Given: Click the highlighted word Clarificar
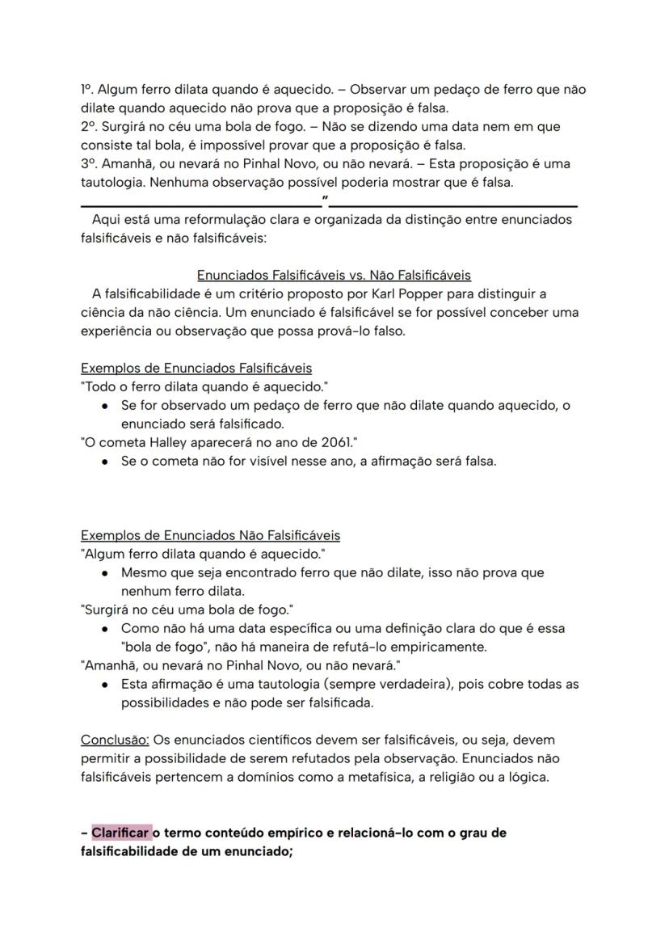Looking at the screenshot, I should (120, 833).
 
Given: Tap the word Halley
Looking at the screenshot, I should (166, 442).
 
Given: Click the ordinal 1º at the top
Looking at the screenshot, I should (86, 89).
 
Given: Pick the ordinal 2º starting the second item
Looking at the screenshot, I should (88, 126).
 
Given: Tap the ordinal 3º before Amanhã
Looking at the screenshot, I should (88, 163).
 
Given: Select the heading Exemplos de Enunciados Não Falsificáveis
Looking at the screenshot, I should (210, 535).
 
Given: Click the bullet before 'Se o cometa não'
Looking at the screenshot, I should (106, 462).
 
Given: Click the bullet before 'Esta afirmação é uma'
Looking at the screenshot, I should (106, 685).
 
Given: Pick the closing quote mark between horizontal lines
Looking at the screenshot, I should (325, 198).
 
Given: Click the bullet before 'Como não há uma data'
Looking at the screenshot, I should (106, 629).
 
